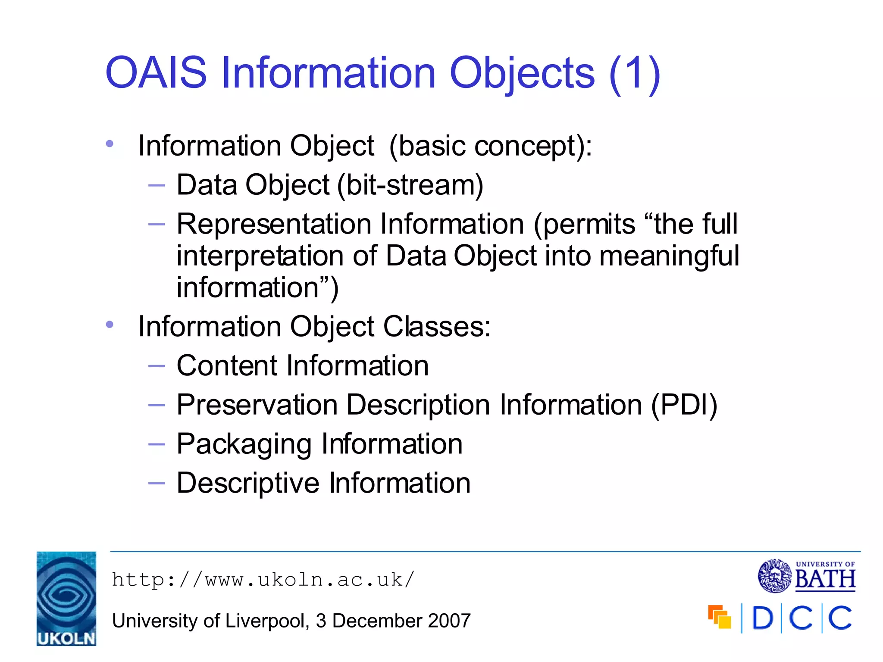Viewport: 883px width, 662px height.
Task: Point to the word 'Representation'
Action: (x=274, y=225)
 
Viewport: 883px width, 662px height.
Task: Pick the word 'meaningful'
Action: (x=669, y=256)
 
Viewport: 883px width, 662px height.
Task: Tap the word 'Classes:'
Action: (x=437, y=327)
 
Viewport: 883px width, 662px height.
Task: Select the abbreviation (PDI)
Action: (x=684, y=405)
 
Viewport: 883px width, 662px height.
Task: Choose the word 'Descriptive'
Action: (x=248, y=483)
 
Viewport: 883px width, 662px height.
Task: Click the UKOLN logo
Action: (x=66, y=598)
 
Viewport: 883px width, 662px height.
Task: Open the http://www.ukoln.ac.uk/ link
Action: (x=263, y=580)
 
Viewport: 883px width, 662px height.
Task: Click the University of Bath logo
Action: (x=806, y=576)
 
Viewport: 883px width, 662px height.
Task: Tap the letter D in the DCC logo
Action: (x=762, y=618)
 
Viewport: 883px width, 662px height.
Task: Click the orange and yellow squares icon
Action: (x=719, y=617)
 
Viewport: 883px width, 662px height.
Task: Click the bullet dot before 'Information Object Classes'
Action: (x=110, y=324)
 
